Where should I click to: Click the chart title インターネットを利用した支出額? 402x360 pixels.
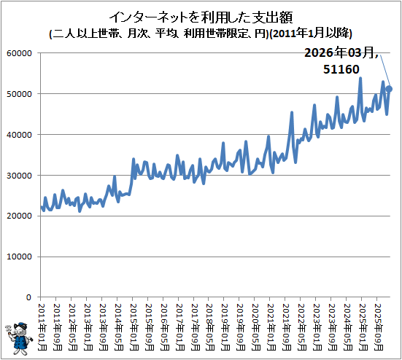coord(201,17)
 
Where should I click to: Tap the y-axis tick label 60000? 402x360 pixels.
coord(19,53)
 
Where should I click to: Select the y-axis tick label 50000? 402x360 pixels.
coord(19,94)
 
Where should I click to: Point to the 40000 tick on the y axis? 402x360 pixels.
coord(19,135)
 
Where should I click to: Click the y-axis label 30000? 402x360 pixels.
coord(19,176)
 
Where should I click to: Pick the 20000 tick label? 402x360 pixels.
coord(19,216)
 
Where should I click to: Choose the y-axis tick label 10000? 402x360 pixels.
coord(19,257)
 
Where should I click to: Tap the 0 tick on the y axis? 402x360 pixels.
coord(28,297)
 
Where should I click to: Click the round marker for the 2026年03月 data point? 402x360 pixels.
coord(389,89)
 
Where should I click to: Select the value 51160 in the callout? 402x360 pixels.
coord(341,69)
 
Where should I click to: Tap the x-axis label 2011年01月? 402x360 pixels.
coord(42,327)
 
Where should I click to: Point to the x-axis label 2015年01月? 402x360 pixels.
coord(134,327)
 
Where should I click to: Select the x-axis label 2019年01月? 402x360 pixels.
coord(225,327)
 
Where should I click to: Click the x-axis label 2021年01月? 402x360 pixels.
coord(271,327)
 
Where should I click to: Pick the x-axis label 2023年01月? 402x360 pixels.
coord(317,327)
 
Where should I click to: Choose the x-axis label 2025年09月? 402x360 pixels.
coord(379,327)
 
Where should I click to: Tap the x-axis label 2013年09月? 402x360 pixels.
coord(104,327)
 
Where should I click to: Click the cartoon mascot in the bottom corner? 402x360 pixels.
coord(19,339)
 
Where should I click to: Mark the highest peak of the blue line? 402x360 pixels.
coord(360,78)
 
